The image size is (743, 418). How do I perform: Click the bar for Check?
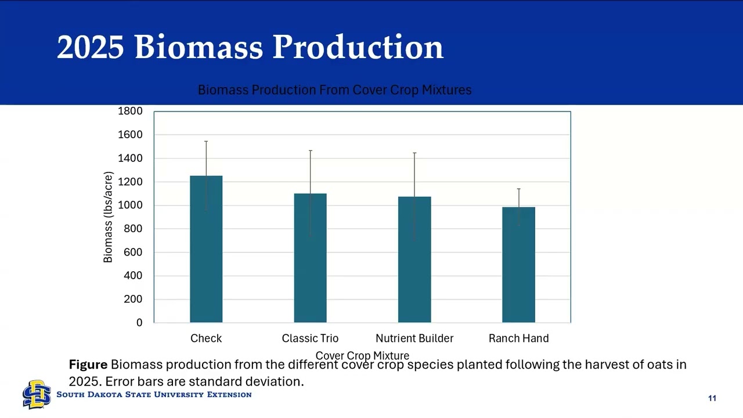click(x=206, y=249)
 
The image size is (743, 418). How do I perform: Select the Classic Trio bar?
click(x=310, y=258)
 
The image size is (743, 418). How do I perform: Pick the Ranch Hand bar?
click(x=518, y=265)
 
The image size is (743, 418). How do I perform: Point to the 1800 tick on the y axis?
click(x=131, y=111)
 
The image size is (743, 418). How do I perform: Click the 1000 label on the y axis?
click(x=131, y=205)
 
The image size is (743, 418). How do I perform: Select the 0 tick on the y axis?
click(x=139, y=323)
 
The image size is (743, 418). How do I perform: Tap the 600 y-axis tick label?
click(x=133, y=253)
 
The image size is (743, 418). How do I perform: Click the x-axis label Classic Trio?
click(x=310, y=338)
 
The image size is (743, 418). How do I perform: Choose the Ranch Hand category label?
click(x=518, y=338)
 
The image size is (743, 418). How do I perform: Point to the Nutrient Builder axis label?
click(x=414, y=338)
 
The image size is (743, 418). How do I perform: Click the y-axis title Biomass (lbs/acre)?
click(x=108, y=217)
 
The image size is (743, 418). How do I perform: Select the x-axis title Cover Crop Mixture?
click(x=362, y=355)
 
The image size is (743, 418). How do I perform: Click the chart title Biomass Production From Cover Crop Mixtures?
click(x=334, y=90)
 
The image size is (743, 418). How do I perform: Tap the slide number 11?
click(x=712, y=398)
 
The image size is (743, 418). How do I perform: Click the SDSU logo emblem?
click(x=37, y=395)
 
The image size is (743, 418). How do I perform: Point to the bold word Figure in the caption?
click(x=88, y=365)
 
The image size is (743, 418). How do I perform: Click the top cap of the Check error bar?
click(x=206, y=141)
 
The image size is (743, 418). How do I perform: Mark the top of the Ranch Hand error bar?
click(x=518, y=189)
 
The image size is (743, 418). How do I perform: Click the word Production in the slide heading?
click(x=358, y=47)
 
